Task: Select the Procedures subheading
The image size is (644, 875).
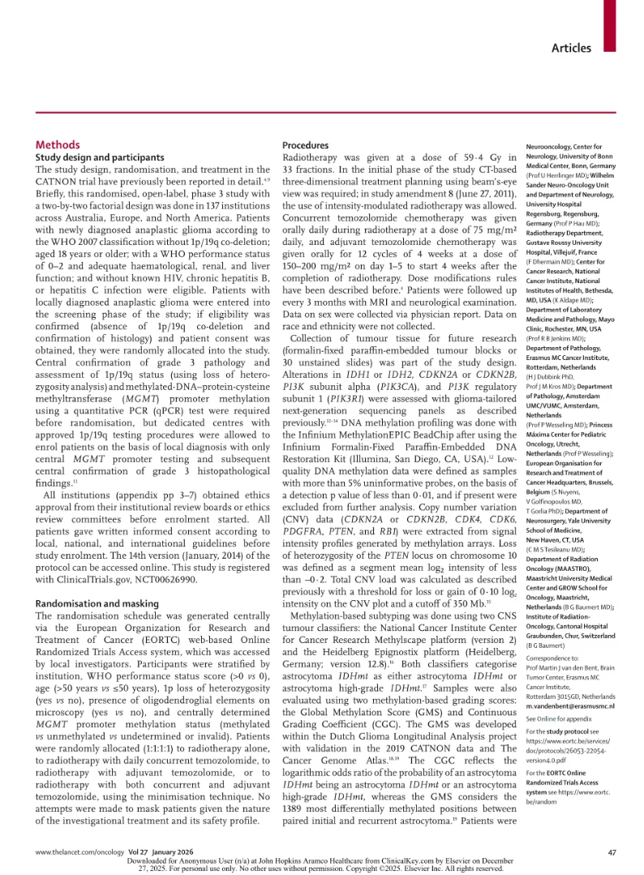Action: point(305,144)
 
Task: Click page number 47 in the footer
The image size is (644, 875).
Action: point(612,852)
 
